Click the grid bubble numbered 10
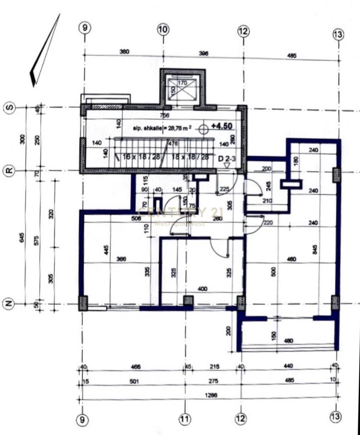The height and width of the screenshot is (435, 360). point(163,30)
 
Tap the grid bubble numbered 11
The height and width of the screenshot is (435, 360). point(184,420)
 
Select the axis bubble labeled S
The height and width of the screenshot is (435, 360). point(9,108)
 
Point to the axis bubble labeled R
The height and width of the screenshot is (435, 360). point(9,171)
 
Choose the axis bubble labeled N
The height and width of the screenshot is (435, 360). point(9,304)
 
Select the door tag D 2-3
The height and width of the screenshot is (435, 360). point(227,159)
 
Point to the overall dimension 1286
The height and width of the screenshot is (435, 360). point(211,395)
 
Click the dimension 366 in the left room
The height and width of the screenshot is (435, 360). point(121,259)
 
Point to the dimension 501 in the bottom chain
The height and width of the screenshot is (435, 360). point(133,382)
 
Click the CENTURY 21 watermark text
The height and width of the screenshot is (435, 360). point(180,212)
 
